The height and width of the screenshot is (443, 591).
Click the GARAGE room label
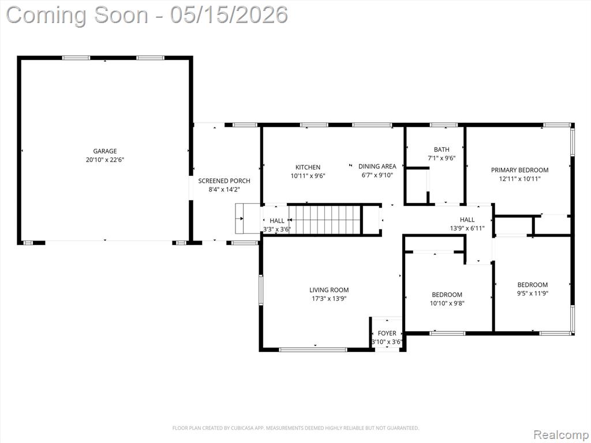(x=105, y=151)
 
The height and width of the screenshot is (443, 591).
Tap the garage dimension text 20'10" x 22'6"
(x=105, y=160)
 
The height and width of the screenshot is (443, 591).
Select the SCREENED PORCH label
(x=225, y=181)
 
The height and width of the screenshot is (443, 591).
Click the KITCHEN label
(x=308, y=167)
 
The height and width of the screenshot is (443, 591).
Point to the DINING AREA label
(x=377, y=166)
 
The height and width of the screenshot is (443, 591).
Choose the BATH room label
(x=442, y=149)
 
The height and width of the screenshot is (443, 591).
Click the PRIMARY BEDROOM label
(x=520, y=170)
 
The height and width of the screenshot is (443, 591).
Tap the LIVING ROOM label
(x=329, y=290)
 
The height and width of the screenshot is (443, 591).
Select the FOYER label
(x=387, y=333)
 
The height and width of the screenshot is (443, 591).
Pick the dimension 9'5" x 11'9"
(x=533, y=294)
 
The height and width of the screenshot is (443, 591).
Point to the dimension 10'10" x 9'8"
(x=447, y=303)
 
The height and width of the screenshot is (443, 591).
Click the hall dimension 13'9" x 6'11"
(x=467, y=228)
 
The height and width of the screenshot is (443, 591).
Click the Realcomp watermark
(x=560, y=435)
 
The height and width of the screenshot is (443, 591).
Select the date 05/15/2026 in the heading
(x=229, y=15)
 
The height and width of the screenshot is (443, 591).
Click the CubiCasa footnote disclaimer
(x=296, y=428)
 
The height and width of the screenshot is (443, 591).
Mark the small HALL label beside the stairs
(x=277, y=221)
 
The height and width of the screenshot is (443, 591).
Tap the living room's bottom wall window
(x=313, y=350)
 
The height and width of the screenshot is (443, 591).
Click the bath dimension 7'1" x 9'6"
(x=442, y=158)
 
